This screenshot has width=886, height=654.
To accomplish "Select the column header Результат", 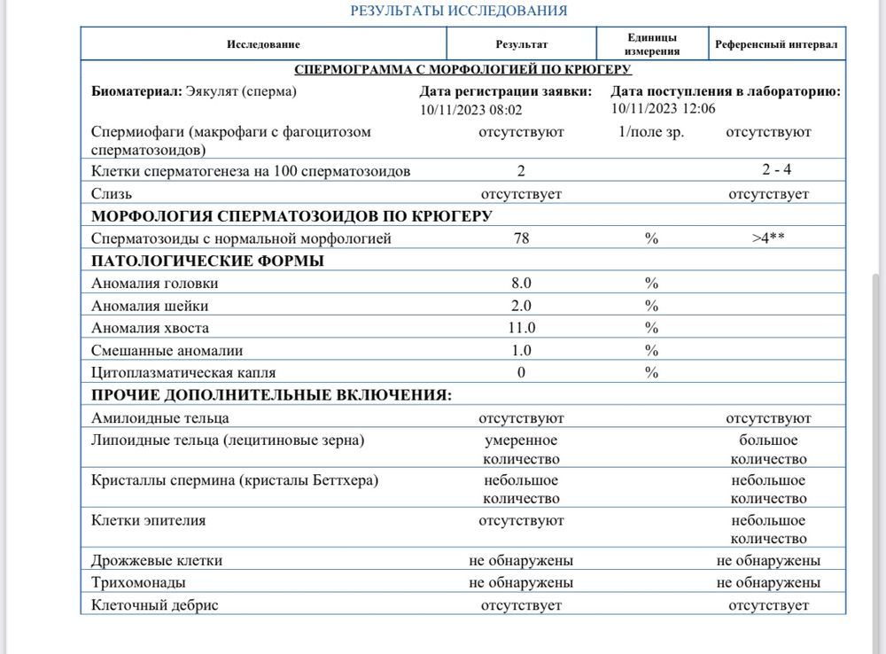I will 521,44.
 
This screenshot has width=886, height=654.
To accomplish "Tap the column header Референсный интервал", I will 775,44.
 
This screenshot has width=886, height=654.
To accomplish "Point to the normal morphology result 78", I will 521,238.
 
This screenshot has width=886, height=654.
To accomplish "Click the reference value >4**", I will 768,238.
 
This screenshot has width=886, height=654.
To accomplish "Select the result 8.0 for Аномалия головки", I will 521,284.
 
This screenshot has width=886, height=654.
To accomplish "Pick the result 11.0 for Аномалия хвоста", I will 521,328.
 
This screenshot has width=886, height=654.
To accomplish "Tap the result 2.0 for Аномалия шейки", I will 521,306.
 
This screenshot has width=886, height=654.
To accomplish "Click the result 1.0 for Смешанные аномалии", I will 521,350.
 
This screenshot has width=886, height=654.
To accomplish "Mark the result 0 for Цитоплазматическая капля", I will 521,373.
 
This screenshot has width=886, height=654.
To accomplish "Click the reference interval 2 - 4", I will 768,170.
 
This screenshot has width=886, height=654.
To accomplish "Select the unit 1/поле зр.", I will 652,132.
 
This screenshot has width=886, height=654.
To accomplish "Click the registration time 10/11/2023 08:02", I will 470,110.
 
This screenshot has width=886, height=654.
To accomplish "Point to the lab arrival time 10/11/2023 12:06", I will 664,108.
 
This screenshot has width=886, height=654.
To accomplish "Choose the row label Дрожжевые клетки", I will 157,561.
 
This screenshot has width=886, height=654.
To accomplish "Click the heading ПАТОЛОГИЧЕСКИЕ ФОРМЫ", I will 207,261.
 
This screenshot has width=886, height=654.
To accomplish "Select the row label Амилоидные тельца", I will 160,418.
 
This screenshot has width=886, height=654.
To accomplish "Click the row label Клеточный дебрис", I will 155,605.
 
